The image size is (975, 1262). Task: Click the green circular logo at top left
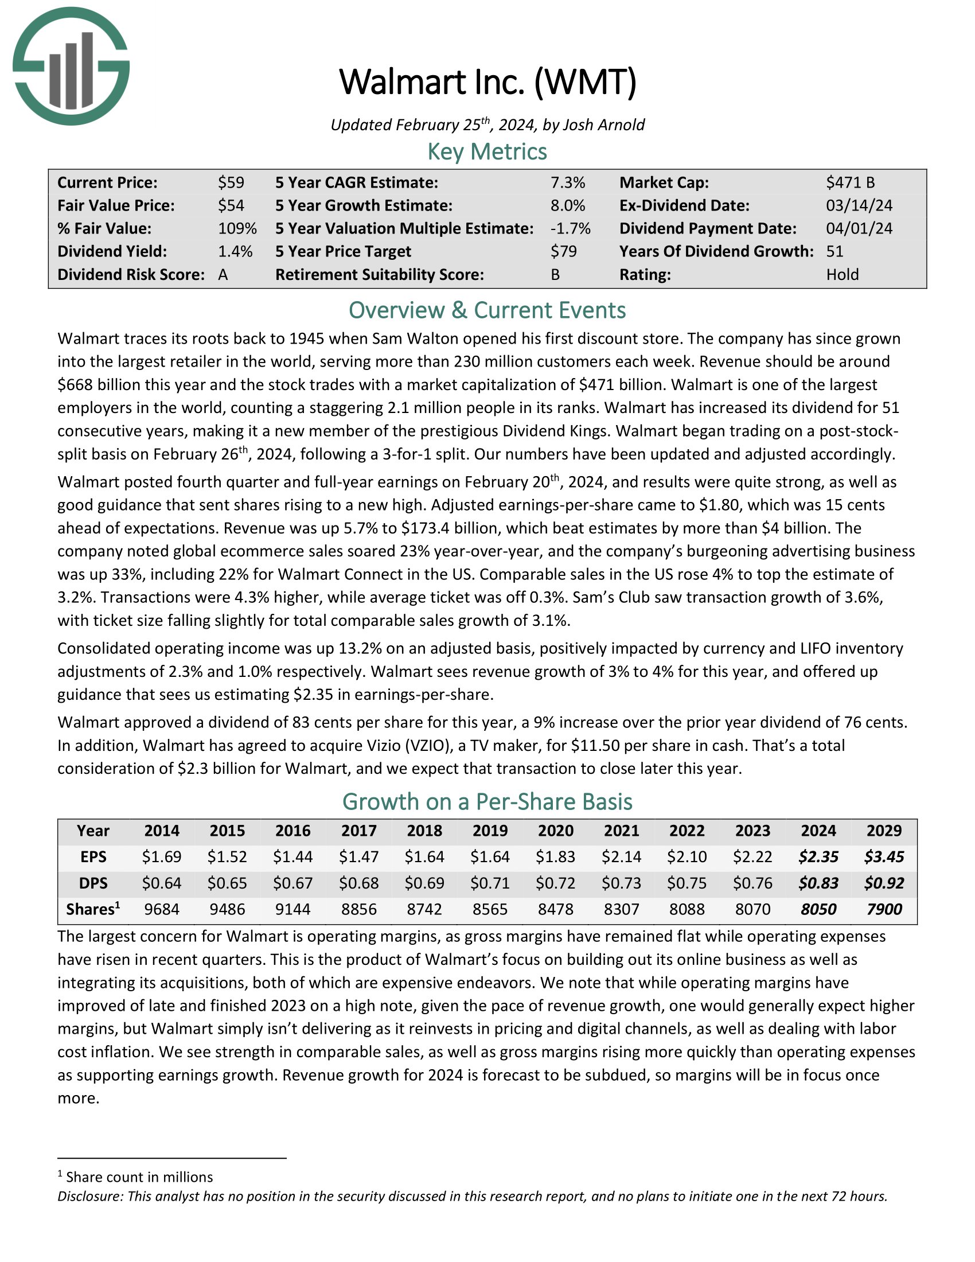point(71,67)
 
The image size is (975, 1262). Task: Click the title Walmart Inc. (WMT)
point(487,82)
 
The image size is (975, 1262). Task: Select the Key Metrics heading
point(487,152)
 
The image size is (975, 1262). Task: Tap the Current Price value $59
point(231,182)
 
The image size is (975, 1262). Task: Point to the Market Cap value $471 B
point(850,182)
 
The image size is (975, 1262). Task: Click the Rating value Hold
point(842,274)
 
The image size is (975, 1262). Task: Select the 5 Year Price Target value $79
point(563,251)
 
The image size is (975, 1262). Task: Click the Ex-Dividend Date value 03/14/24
point(859,206)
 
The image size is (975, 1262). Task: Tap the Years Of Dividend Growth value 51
point(834,251)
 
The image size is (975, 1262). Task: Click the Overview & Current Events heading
point(487,310)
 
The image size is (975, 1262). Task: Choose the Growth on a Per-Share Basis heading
point(487,801)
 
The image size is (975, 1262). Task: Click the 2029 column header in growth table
point(884,831)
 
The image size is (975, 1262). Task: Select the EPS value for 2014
point(162,856)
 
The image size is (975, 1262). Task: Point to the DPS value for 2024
point(818,883)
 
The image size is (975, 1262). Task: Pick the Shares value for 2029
point(884,910)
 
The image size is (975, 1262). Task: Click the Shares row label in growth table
point(93,910)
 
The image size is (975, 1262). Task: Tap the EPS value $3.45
point(884,856)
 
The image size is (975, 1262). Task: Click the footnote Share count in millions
point(139,1177)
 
